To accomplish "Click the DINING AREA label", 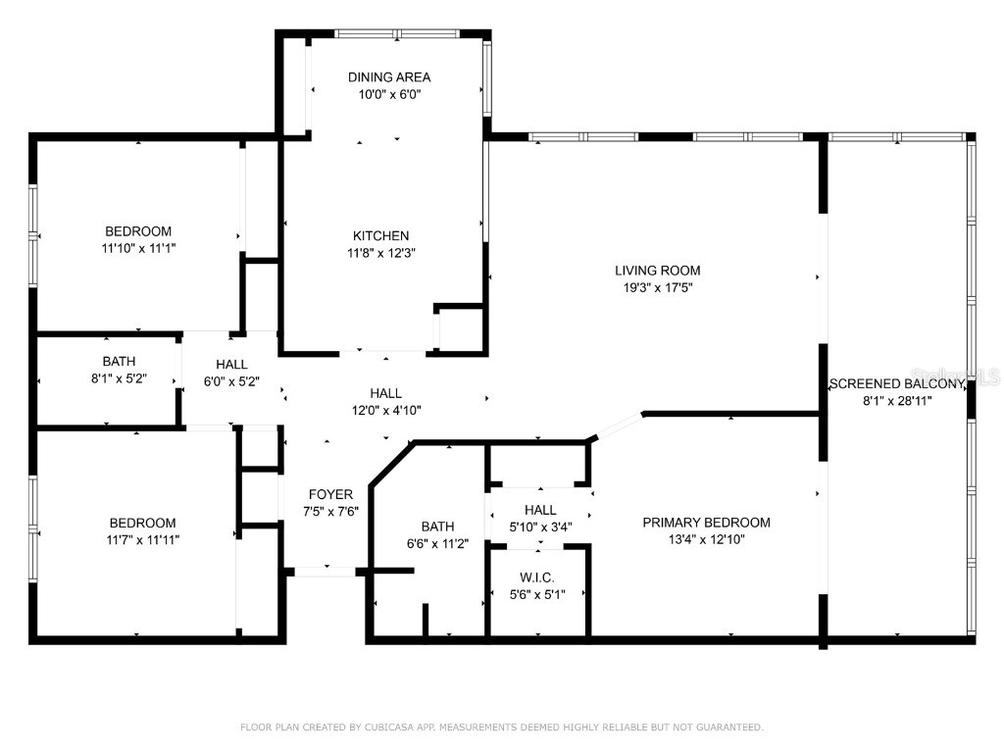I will click(389, 76).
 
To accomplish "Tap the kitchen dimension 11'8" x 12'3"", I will click(381, 252).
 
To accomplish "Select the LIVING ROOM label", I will click(657, 271).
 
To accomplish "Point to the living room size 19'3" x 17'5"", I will click(657, 287).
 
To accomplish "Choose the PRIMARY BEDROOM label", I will click(706, 523).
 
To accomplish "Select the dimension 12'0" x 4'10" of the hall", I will click(385, 411).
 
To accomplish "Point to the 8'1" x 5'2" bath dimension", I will click(119, 378).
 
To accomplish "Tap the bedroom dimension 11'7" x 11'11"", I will click(142, 539).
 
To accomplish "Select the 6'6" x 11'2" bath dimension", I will click(437, 543).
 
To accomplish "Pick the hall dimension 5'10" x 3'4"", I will click(540, 527).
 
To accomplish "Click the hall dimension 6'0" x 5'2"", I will click(231, 381).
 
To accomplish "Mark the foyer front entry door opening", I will click(325, 571).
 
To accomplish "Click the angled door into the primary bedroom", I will click(618, 427).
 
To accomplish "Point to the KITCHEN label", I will click(381, 235).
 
